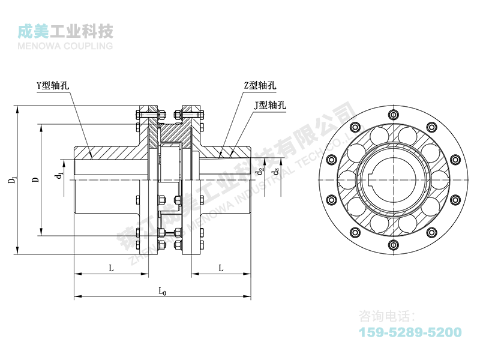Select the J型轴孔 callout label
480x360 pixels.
[x=269, y=105]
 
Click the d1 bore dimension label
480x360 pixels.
[x=58, y=176]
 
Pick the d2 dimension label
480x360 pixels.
[x=259, y=171]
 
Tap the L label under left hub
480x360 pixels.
[x=111, y=268]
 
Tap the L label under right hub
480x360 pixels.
[x=221, y=268]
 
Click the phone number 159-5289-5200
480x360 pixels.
[x=410, y=332]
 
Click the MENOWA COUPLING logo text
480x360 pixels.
[x=66, y=44]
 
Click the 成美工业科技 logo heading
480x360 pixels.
[x=66, y=31]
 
